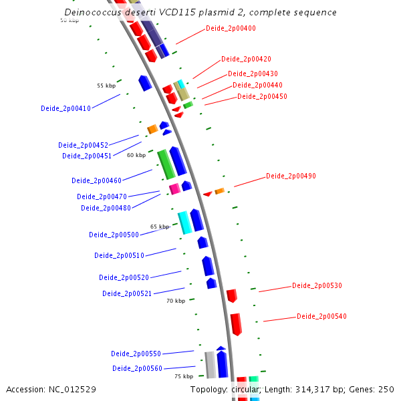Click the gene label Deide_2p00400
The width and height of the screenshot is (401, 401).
(231, 28)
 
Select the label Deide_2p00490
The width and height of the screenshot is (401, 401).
(291, 176)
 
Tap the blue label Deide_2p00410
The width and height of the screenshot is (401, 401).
(65, 108)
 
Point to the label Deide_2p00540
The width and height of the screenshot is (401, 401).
(321, 317)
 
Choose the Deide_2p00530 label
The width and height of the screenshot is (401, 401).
(317, 286)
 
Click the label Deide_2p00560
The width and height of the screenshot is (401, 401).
(137, 368)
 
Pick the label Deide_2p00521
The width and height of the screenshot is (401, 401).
(127, 293)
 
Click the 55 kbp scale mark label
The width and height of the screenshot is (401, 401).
(106, 86)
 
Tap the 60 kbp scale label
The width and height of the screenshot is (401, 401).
(136, 155)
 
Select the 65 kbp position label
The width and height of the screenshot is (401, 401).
(160, 227)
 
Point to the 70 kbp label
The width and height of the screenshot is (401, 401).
(175, 301)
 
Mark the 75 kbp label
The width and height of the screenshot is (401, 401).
(184, 377)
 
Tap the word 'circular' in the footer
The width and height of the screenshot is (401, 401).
(243, 389)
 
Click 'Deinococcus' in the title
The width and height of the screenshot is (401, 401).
(92, 13)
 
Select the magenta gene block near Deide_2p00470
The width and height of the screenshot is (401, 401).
(174, 189)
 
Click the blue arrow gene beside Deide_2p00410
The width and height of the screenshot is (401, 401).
(144, 83)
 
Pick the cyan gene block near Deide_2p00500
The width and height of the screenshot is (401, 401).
(184, 222)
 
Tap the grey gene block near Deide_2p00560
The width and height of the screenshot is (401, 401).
(210, 364)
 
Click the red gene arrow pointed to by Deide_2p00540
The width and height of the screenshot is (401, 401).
(236, 323)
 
